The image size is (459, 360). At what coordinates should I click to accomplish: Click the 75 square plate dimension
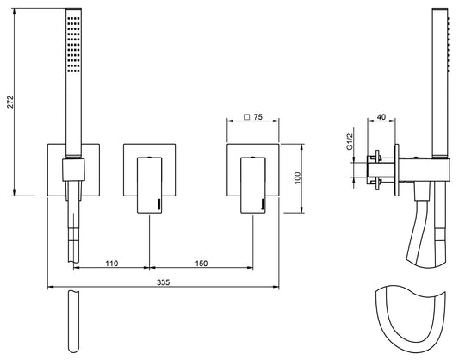pyautogui.click(x=258, y=121)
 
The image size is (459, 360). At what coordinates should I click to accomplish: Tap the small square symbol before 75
pyautogui.click(x=246, y=121)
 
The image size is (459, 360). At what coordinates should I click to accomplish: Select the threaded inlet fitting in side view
pyautogui.click(x=377, y=169)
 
